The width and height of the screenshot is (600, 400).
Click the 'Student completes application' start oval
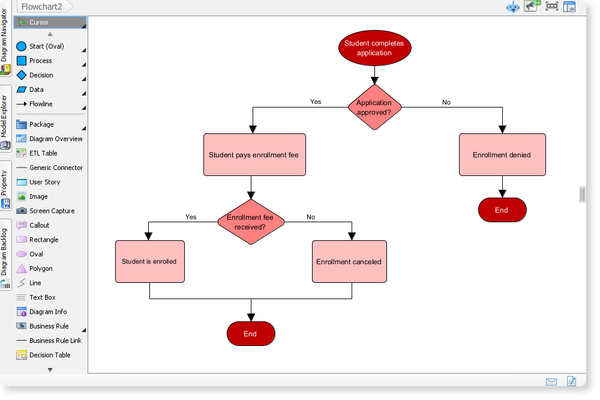click(x=374, y=48)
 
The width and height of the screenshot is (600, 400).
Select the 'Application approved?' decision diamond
click(x=374, y=107)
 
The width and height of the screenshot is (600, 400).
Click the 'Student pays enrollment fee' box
click(x=254, y=155)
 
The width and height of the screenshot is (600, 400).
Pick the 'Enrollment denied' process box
click(x=502, y=155)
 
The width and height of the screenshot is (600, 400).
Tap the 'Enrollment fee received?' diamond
click(x=251, y=222)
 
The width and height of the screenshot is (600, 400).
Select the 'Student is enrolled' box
click(x=149, y=262)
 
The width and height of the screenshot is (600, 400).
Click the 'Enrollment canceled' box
click(x=349, y=262)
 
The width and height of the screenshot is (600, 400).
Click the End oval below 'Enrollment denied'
click(x=502, y=210)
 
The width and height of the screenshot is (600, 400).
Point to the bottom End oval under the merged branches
click(x=251, y=334)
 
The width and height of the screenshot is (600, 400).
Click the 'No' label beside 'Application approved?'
click(x=446, y=102)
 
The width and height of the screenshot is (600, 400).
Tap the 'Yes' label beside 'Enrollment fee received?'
click(x=191, y=217)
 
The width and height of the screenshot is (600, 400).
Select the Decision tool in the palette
click(x=41, y=75)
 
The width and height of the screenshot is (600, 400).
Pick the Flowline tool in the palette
click(x=41, y=104)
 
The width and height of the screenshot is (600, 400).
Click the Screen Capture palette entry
click(x=52, y=211)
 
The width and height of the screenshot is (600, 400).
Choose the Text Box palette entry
click(x=42, y=297)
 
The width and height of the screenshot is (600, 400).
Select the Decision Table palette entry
click(x=50, y=355)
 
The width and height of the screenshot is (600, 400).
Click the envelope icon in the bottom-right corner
click(x=551, y=381)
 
